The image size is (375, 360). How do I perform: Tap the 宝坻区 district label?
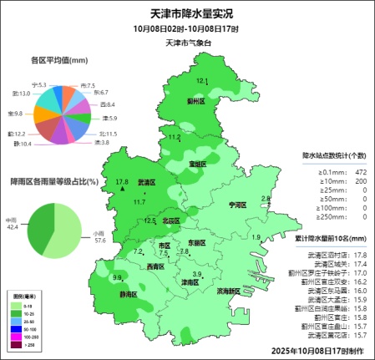pyautogui.click(x=197, y=165)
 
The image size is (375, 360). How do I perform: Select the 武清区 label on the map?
pyautogui.click(x=146, y=181)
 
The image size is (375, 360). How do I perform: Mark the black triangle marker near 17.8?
pyautogui.click(x=122, y=190)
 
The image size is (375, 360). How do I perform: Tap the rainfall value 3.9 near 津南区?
pyautogui.click(x=197, y=275)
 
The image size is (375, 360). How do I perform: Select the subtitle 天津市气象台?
pyautogui.click(x=188, y=42)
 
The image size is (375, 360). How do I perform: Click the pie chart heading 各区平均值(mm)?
pyautogui.click(x=59, y=60)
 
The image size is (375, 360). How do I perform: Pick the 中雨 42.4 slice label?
pyautogui.click(x=12, y=223)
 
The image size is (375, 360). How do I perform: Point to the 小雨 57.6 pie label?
pyautogui.click(x=99, y=236)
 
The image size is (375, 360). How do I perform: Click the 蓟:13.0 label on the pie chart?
pyautogui.click(x=22, y=94)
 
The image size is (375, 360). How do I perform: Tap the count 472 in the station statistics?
pyautogui.click(x=361, y=171)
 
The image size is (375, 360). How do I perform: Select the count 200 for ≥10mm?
pyautogui.click(x=361, y=180)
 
